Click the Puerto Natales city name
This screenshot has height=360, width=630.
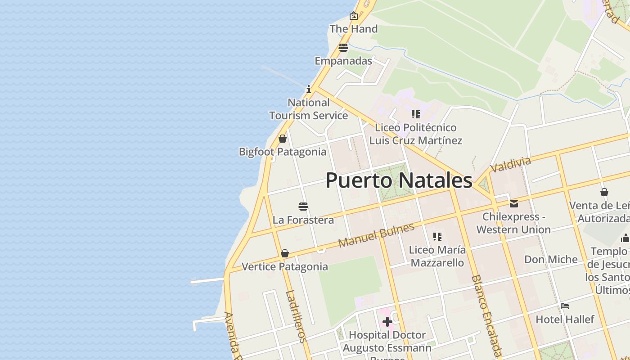click(x=399, y=180)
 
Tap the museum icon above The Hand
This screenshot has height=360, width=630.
click(x=354, y=16)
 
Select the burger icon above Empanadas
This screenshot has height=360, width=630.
click(x=343, y=47)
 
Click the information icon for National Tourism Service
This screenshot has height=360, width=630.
click(x=309, y=89)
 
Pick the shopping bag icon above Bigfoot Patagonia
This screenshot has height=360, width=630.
click(x=283, y=139)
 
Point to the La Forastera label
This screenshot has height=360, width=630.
click(x=303, y=220)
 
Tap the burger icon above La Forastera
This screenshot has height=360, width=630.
click(x=303, y=207)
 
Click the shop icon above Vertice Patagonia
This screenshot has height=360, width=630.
click(x=284, y=254)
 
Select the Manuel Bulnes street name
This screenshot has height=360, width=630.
click(x=376, y=235)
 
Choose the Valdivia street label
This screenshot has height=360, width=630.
click(x=510, y=165)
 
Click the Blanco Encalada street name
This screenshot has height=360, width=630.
click(x=486, y=316)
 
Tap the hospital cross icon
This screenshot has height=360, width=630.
click(x=387, y=322)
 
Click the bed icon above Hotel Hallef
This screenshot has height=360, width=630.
click(x=565, y=306)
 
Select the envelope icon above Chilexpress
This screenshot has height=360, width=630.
click(x=513, y=204)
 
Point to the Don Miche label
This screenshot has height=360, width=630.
click(x=551, y=260)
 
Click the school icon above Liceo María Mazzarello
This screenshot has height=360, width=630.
click(x=437, y=236)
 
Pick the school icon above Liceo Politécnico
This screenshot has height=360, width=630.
click(x=415, y=114)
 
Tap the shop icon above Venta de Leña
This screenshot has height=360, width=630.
click(x=604, y=193)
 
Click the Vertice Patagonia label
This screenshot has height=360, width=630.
click(x=285, y=267)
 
